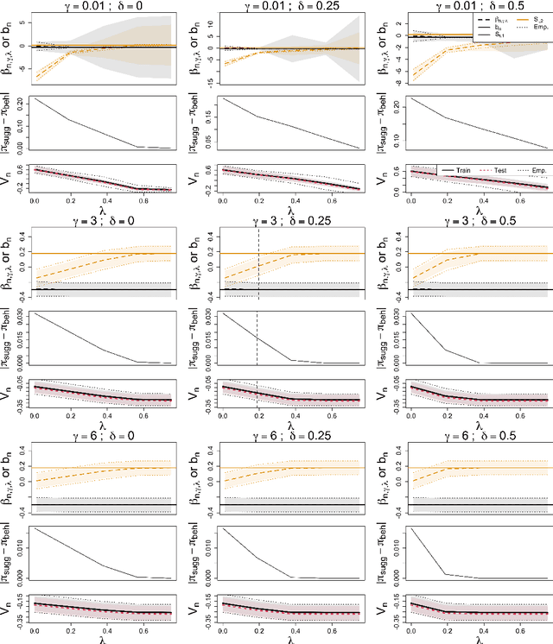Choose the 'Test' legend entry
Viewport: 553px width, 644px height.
tap(499, 171)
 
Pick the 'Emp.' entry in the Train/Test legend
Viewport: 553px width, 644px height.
tap(536, 171)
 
